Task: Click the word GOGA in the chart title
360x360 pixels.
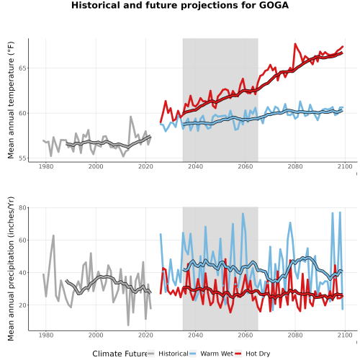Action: [x=274, y=5]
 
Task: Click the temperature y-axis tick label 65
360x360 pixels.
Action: [x=22, y=68]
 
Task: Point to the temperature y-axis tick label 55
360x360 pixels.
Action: [x=22, y=158]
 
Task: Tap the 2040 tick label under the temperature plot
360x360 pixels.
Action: [x=195, y=166]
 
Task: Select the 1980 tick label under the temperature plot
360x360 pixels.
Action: [x=46, y=166]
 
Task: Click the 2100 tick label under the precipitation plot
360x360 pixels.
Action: [x=345, y=335]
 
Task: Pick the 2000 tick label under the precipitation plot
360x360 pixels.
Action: [x=96, y=335]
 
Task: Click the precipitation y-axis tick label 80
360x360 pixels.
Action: [x=22, y=207]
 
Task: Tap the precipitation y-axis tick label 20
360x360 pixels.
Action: [x=22, y=305]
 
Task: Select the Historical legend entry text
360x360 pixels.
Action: [x=174, y=354]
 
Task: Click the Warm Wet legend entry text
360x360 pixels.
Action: [x=217, y=354]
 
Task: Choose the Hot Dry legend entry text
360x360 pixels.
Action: [x=258, y=354]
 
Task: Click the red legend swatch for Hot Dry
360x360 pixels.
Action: [x=238, y=354]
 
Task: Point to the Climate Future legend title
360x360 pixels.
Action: [x=120, y=354]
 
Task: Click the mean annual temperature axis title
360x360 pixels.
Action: [x=11, y=100]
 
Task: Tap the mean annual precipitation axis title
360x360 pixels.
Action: [x=11, y=269]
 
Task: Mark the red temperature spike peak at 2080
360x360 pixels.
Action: [x=295, y=44]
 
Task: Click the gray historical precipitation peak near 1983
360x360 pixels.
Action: [x=53, y=235]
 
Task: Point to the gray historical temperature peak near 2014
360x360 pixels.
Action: [x=130, y=117]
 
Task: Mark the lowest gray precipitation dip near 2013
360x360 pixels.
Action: [x=128, y=325]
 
